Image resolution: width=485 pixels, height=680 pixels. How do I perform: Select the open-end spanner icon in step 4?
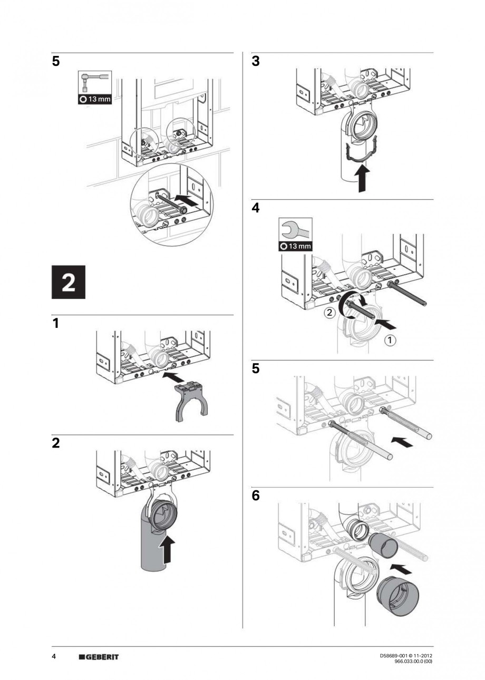295,230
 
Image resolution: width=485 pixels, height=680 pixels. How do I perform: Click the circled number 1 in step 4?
390,341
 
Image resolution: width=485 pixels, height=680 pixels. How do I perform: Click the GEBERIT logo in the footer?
99,657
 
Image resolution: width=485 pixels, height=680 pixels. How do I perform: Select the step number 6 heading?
256,497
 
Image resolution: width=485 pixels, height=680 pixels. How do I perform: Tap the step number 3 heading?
256,62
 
